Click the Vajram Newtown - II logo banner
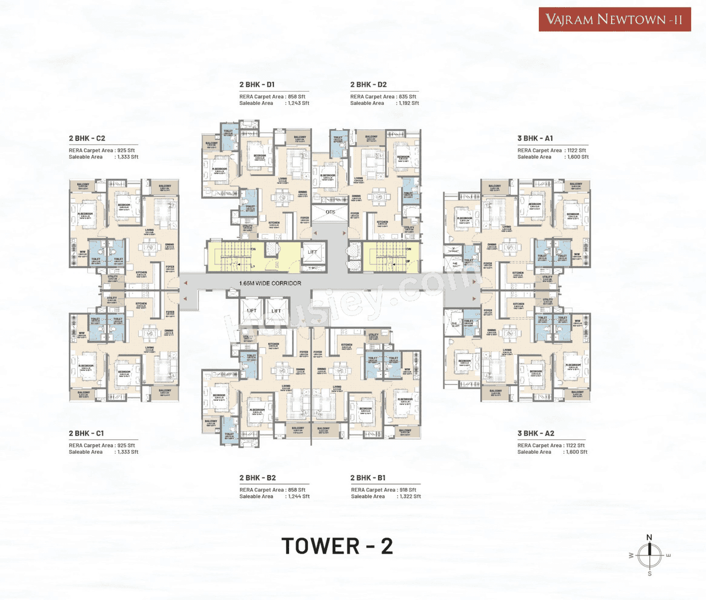[614, 19]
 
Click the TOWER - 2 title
[337, 546]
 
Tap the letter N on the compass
[649, 537]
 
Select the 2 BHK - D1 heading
[257, 84]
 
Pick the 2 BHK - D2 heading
[368, 84]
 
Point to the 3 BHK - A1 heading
[535, 138]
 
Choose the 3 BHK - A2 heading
[536, 433]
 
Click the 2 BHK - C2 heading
[87, 138]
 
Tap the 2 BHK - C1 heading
[86, 433]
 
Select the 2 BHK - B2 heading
[258, 477]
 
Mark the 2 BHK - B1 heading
[368, 477]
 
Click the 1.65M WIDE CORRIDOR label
[270, 283]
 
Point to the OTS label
[330, 212]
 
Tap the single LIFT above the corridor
[313, 252]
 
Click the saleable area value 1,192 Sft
[409, 103]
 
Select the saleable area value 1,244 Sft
[298, 496]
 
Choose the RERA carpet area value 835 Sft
[407, 97]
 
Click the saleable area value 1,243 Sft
[298, 103]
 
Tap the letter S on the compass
[649, 574]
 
